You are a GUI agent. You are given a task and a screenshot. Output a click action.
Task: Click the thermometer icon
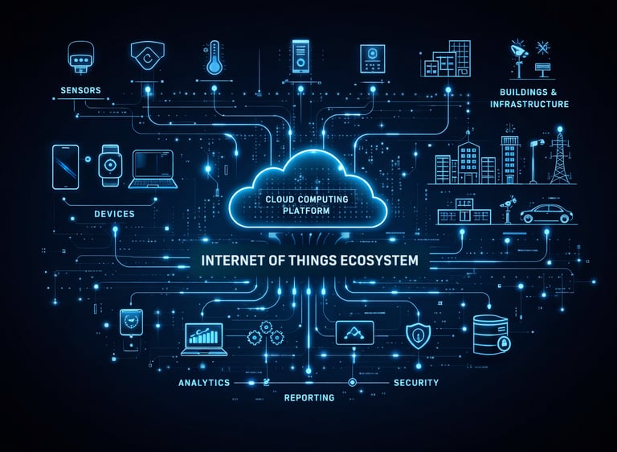214,59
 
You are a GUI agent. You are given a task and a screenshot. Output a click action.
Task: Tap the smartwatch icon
109,165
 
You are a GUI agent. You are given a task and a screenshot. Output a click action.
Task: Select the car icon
546,213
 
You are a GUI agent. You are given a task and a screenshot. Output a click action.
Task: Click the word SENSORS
80,91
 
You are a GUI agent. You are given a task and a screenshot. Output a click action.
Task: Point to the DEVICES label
114,214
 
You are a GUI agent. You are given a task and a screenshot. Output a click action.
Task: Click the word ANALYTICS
204,383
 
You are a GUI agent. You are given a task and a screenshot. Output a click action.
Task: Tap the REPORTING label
308,398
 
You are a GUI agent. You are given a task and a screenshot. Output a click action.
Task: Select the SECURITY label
416,383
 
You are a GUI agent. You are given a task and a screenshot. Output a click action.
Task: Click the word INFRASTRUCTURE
529,105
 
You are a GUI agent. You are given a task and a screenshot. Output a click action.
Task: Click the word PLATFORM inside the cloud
308,211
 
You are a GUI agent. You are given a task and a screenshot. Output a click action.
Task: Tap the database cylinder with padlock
491,335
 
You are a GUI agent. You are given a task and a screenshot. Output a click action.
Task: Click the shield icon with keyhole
418,335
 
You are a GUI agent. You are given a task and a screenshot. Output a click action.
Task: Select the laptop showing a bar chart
203,339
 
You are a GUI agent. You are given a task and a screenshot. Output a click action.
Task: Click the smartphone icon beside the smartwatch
65,166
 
